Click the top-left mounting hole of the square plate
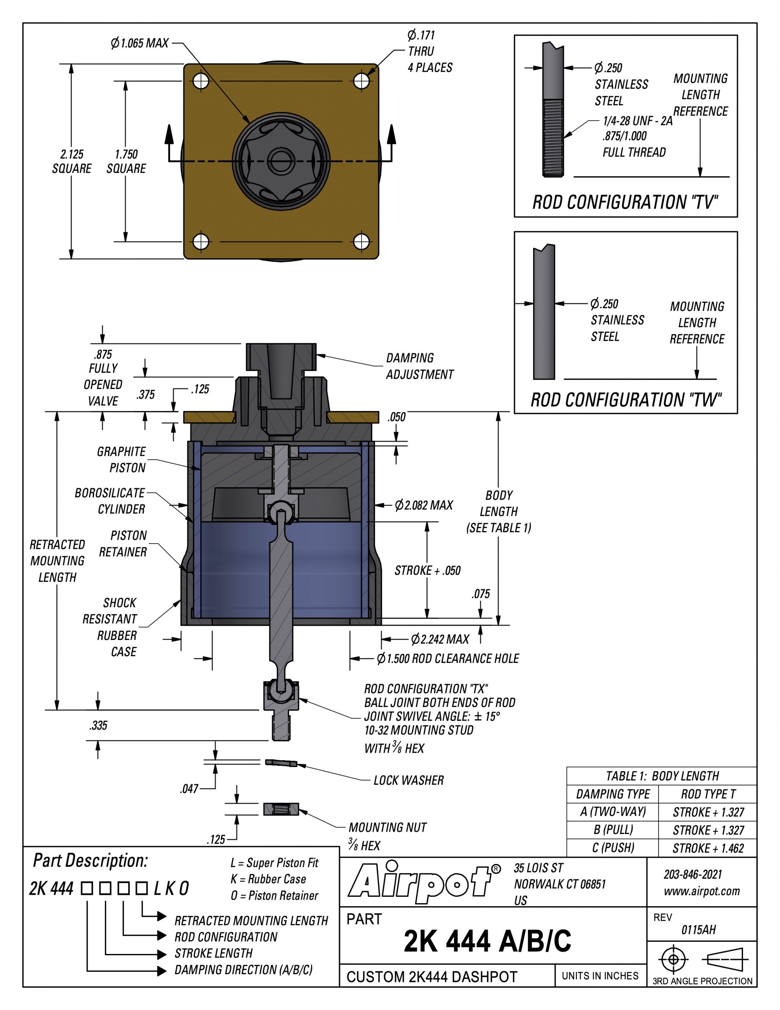[201, 81]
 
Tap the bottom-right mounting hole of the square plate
[362, 241]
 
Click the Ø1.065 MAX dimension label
[140, 43]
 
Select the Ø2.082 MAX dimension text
[424, 505]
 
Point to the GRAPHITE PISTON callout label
[121, 460]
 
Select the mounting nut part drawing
[281, 809]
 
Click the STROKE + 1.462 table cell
[708, 848]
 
